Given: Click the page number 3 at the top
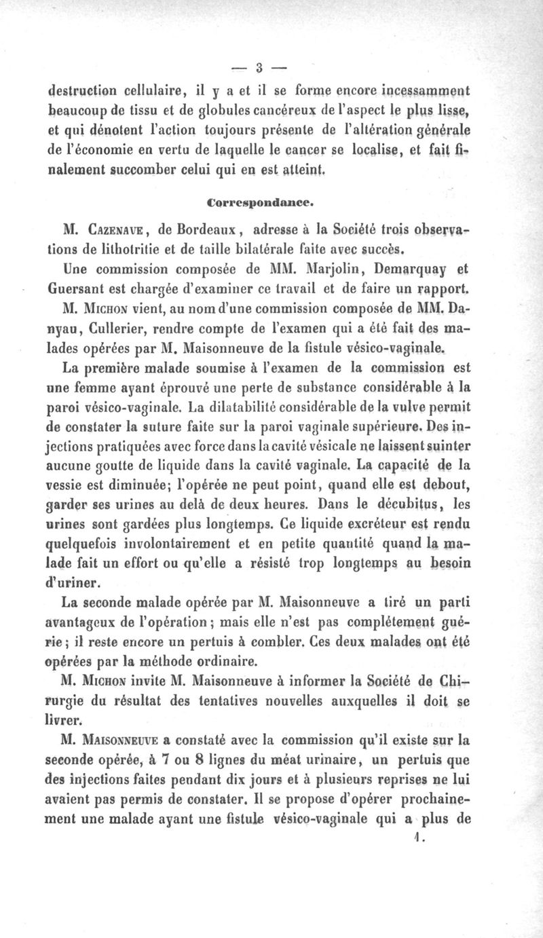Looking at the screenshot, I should tap(259, 67).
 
